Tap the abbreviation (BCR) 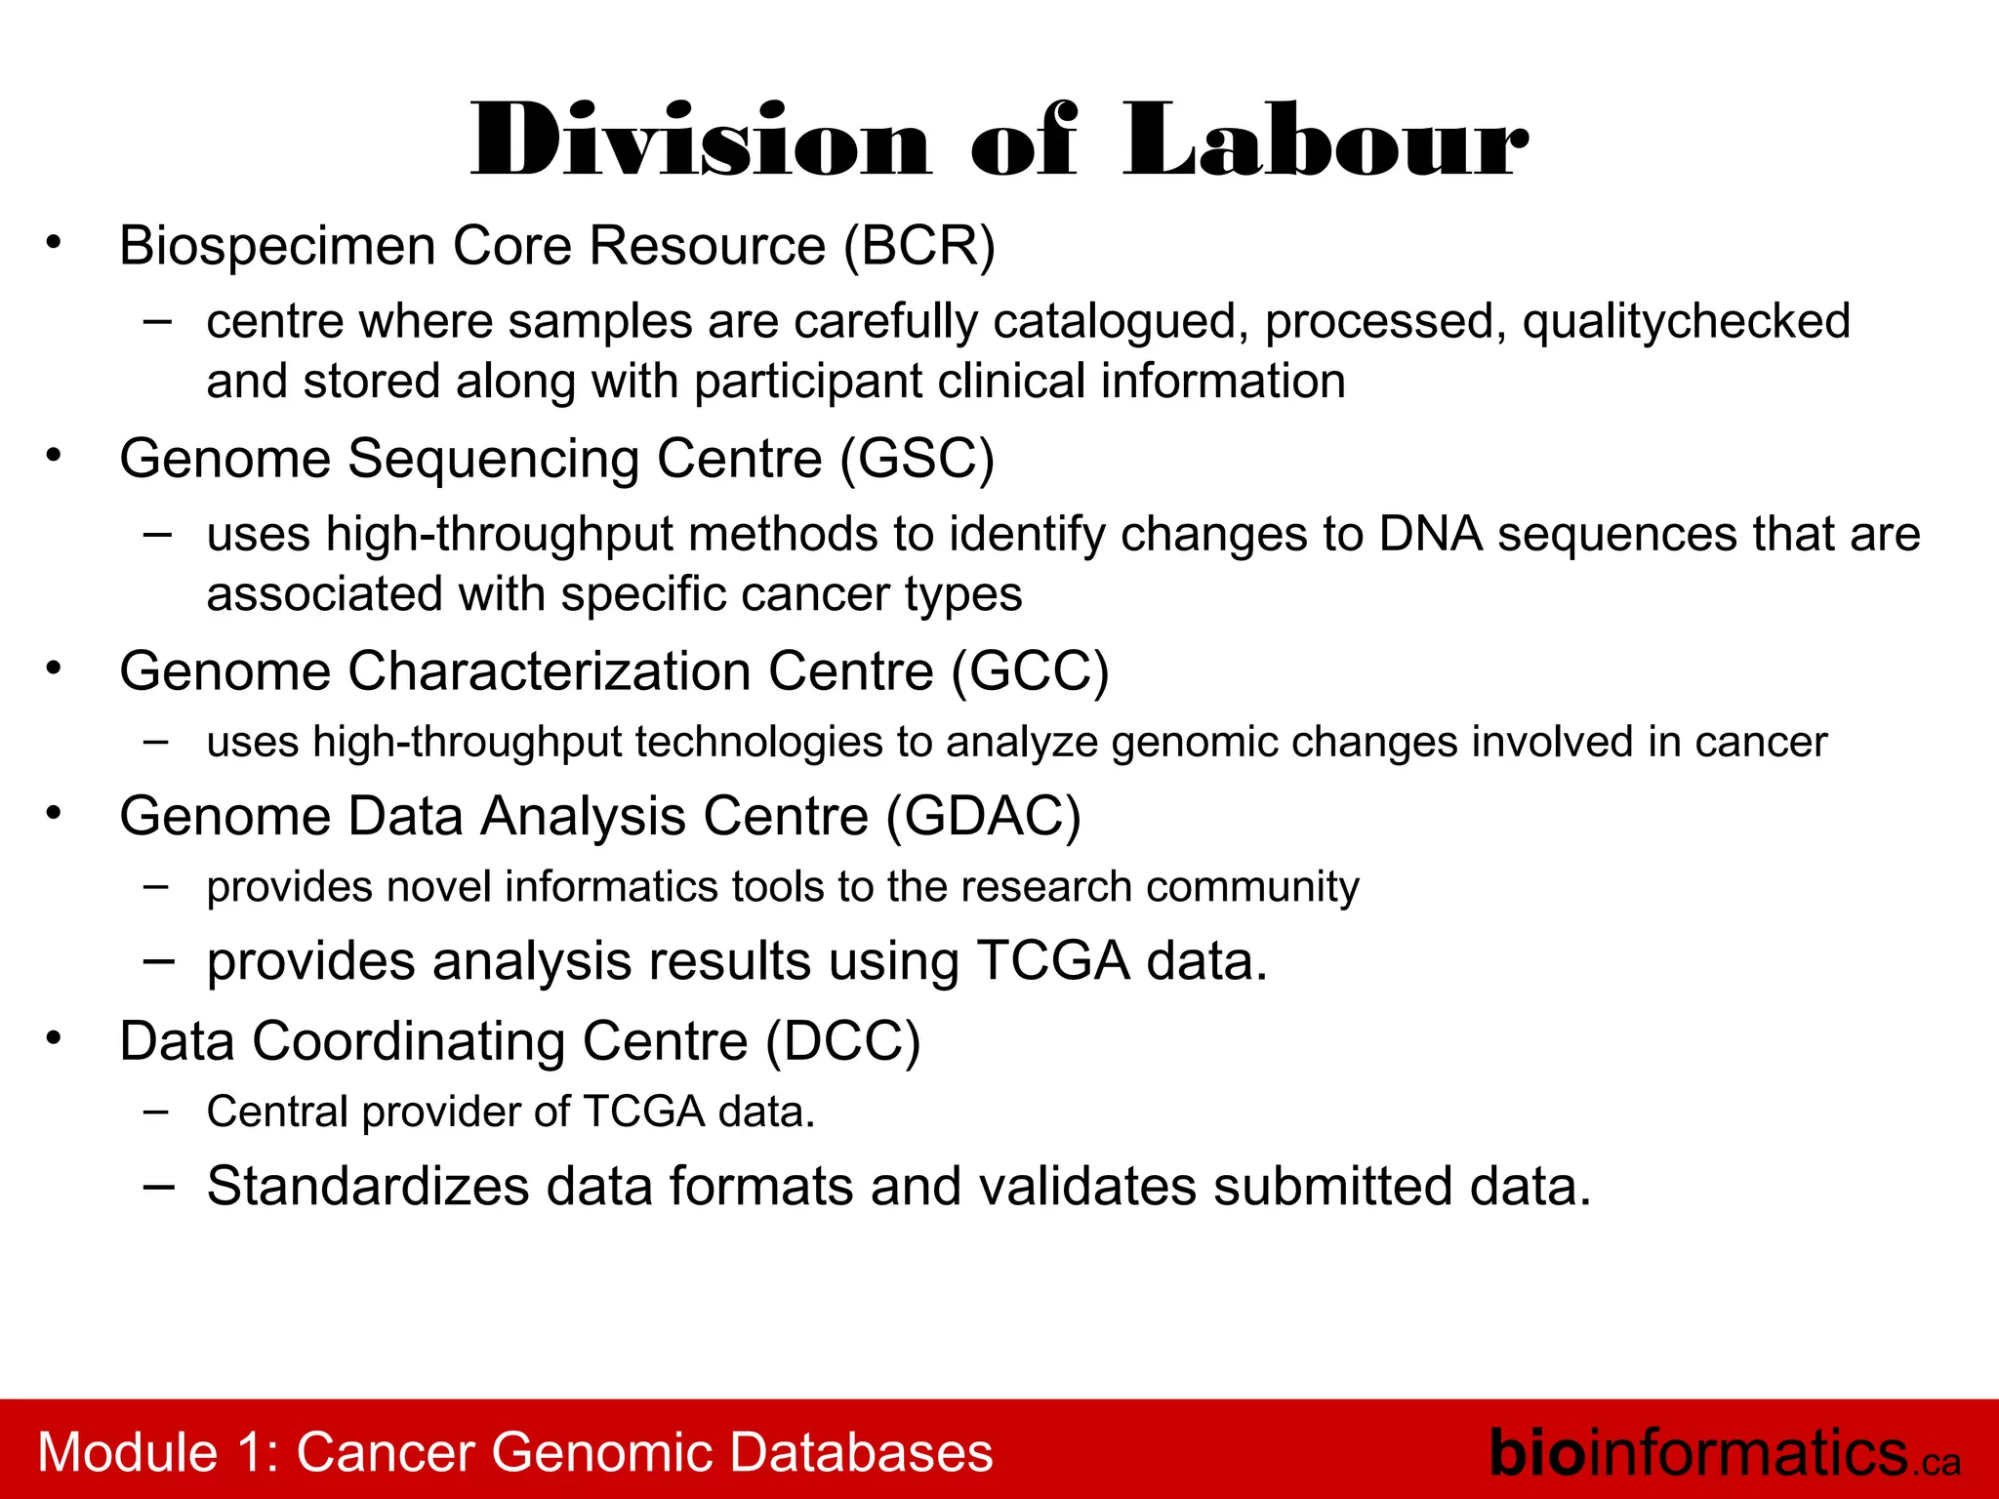coord(919,245)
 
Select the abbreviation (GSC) coord(918,458)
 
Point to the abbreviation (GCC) coord(1031,670)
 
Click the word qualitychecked coord(1686,322)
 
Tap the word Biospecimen coord(277,245)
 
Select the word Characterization coord(550,670)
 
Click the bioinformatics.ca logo coord(1724,1452)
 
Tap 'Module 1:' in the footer coord(159,1452)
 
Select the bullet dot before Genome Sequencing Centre coord(54,455)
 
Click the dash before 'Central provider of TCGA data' coord(157,1111)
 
